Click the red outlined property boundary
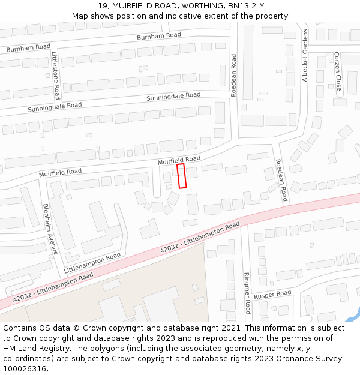click(x=182, y=176)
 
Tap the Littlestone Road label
click(x=55, y=75)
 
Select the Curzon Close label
click(x=338, y=71)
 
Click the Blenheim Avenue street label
click(x=50, y=229)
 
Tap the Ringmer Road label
click(x=247, y=293)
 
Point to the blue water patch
click(x=352, y=315)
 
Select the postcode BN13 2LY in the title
click(x=247, y=6)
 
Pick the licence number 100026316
click(x=26, y=369)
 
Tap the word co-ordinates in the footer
click(x=26, y=359)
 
